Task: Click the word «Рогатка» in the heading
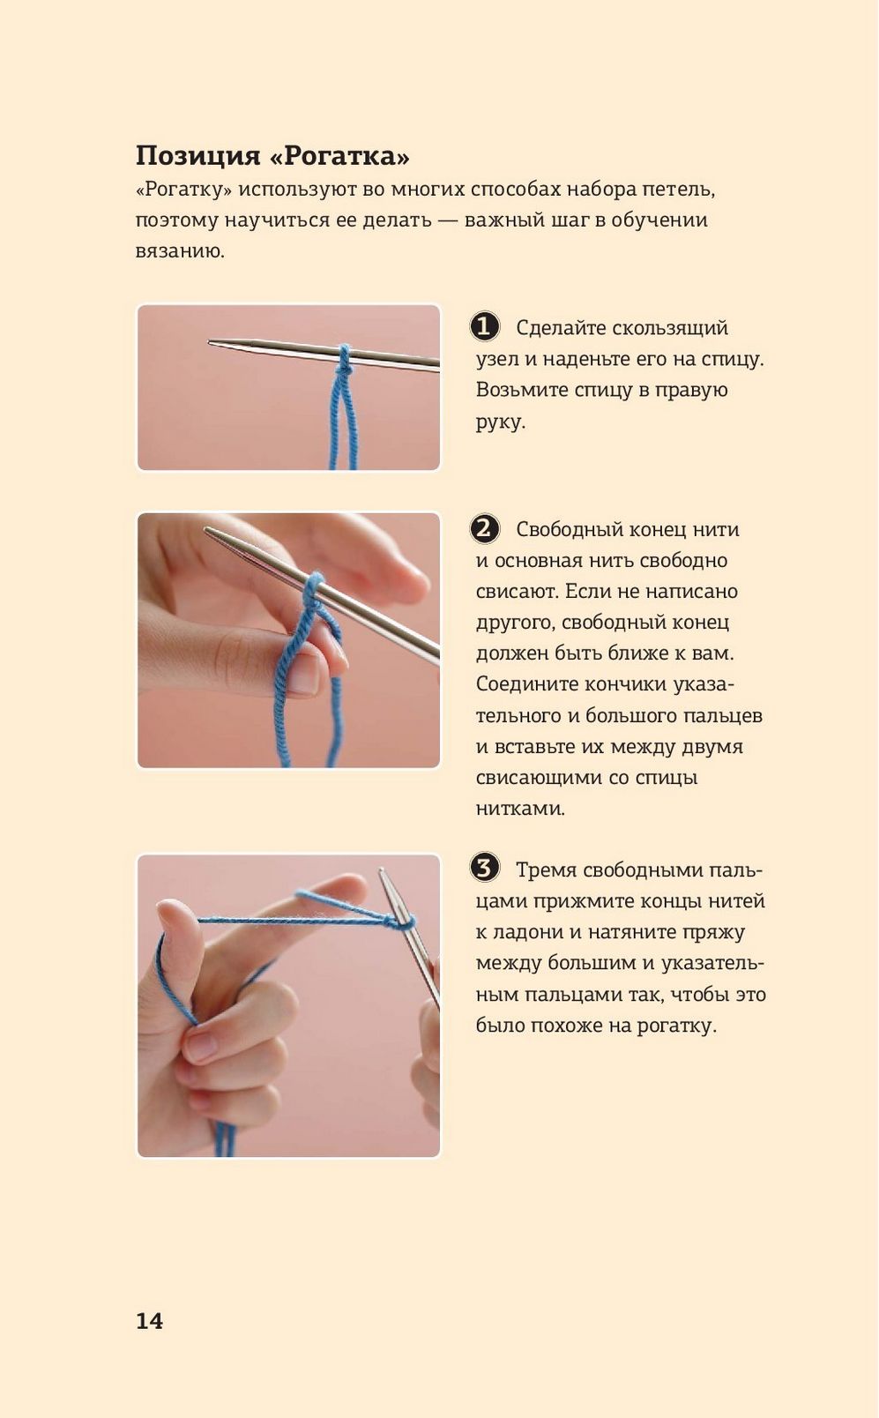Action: click(339, 156)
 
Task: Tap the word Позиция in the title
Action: click(198, 156)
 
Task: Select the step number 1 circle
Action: click(485, 327)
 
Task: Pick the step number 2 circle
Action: click(485, 528)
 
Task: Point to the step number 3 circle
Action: click(485, 869)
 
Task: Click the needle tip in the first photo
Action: click(210, 342)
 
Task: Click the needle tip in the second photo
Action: click(205, 529)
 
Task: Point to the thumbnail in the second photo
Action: click(304, 673)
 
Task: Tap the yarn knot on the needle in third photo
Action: click(400, 923)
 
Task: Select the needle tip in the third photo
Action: click(381, 871)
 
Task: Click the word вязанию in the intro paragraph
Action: click(181, 251)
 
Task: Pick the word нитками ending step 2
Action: click(520, 809)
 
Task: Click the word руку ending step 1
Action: click(501, 422)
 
